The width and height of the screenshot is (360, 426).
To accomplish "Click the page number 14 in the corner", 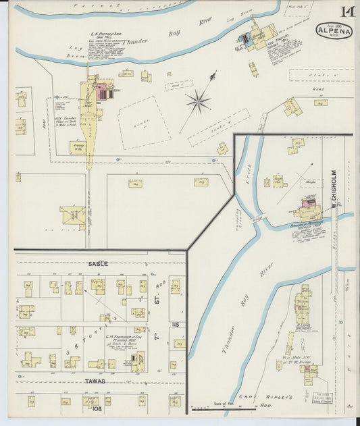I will coord(347,11).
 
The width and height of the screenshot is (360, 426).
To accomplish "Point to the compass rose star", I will coord(198,102).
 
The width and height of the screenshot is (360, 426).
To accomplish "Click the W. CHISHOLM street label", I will coord(334,188).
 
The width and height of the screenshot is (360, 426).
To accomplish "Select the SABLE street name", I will coord(98,263).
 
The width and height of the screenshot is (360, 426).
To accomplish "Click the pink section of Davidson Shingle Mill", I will coord(309,202).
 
